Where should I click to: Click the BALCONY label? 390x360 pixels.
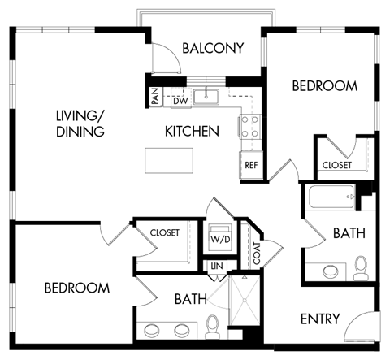click(x=213, y=49)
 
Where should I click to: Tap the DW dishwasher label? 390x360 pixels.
click(x=180, y=100)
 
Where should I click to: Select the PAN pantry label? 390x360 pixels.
click(x=154, y=98)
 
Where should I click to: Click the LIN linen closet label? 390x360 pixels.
click(x=217, y=266)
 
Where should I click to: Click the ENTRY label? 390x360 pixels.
click(x=319, y=319)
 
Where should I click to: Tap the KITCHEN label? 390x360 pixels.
click(x=192, y=130)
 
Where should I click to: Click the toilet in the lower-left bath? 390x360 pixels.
click(x=214, y=327)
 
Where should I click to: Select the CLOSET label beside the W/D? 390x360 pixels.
click(x=164, y=232)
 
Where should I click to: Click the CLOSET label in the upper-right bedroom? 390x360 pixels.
click(x=336, y=165)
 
